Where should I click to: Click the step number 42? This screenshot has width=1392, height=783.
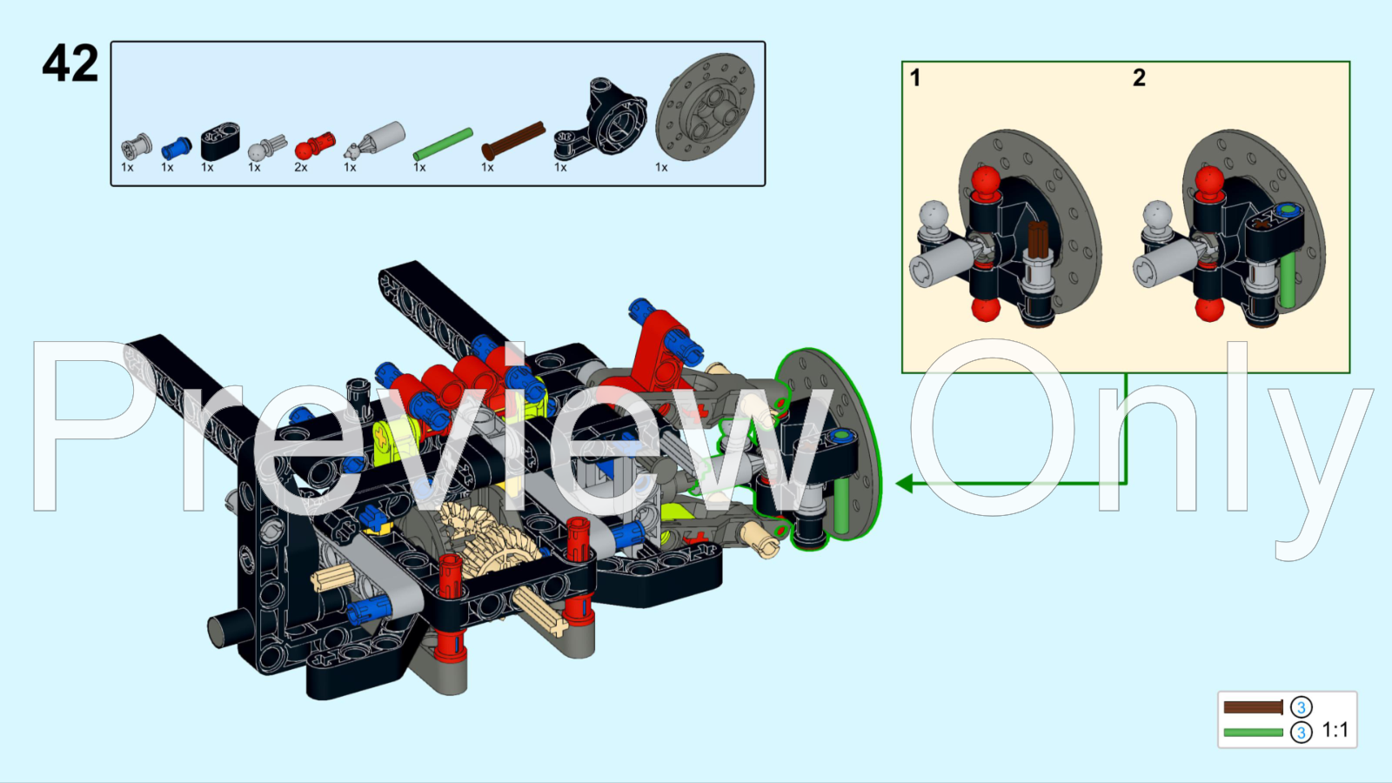[70, 64]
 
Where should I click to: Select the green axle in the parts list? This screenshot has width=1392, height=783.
[443, 144]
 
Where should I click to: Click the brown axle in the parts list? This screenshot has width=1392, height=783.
[513, 139]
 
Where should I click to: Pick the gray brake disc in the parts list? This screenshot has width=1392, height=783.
[705, 107]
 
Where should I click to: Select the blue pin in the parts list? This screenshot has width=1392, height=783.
[177, 147]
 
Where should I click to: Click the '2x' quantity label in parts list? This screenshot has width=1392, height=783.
[301, 167]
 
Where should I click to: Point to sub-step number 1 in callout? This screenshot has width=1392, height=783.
[915, 78]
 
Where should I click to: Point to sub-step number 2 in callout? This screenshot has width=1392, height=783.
[1139, 78]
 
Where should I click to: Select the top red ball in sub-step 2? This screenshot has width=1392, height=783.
[1209, 181]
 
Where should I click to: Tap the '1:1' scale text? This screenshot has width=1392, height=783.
[1335, 730]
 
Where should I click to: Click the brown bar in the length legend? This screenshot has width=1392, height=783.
[1253, 707]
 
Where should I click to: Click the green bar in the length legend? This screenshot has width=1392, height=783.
[1253, 733]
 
